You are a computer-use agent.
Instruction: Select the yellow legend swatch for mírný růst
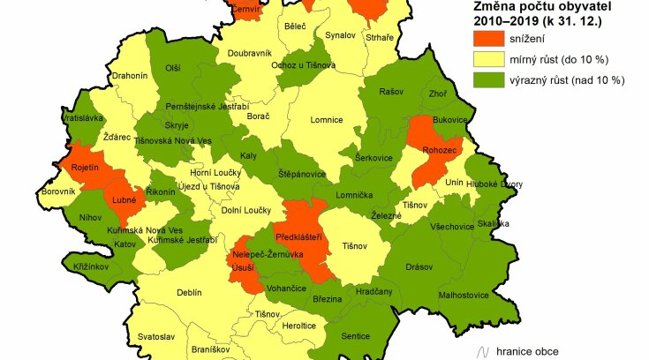[486, 60]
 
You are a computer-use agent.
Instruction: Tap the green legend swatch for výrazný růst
[486, 80]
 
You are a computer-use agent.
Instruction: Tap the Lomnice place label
[326, 122]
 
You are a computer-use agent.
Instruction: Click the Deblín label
[189, 292]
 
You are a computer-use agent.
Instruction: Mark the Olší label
[173, 68]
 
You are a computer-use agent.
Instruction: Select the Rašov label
[390, 92]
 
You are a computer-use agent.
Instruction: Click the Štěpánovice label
[301, 173]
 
